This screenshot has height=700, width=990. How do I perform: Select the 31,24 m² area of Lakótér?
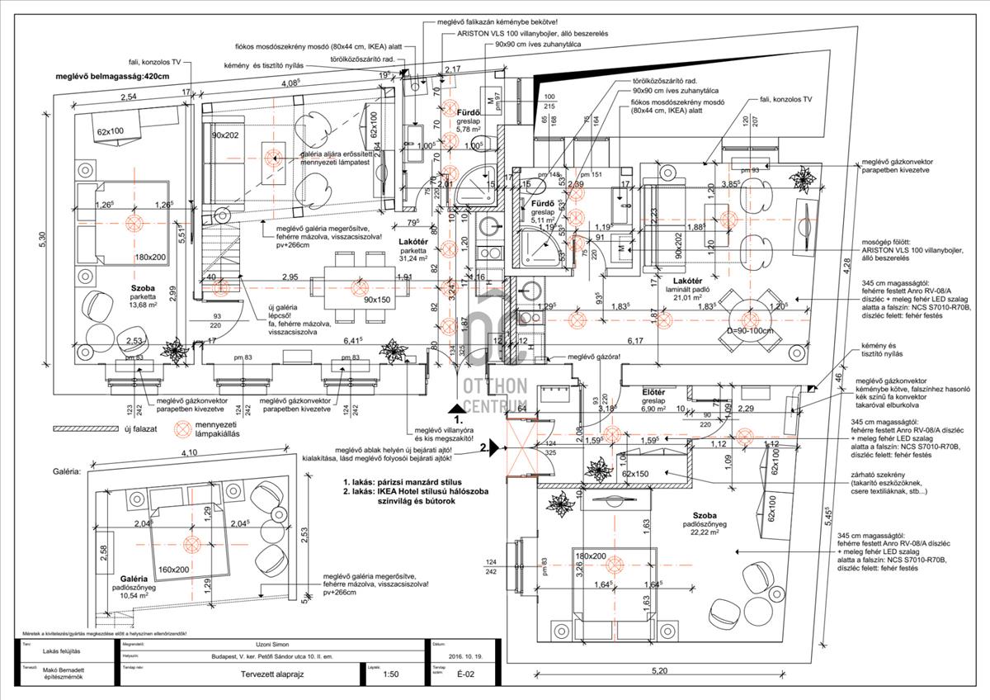point(413,258)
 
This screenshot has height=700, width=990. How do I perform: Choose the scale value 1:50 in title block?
point(392,674)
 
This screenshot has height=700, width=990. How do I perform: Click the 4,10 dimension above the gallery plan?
point(190,453)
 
